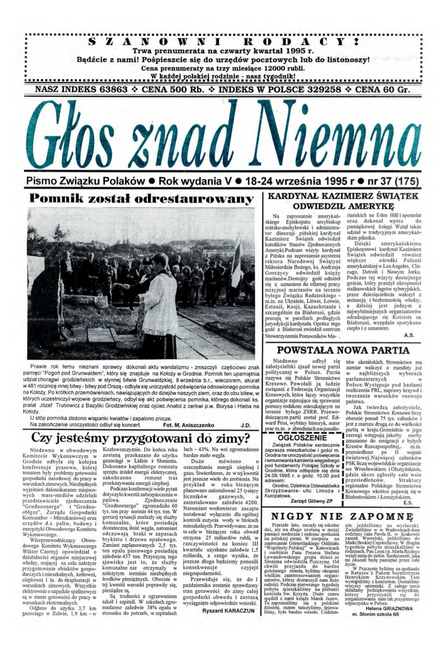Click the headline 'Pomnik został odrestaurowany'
[139, 199]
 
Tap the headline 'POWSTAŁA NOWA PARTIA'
[343, 350]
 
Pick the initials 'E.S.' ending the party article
[409, 502]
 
